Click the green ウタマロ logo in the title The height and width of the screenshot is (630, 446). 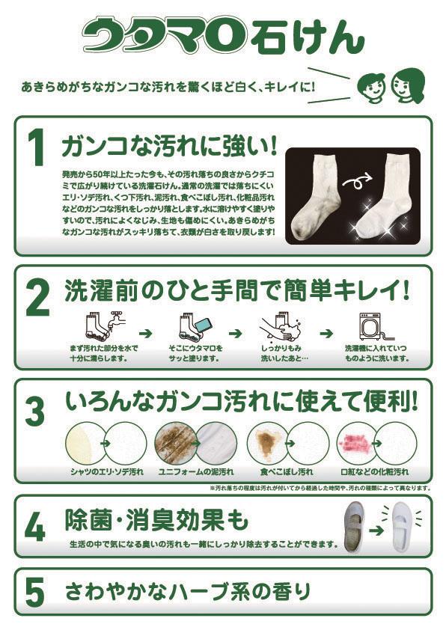click(164, 34)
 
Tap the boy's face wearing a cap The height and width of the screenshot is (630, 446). click(371, 86)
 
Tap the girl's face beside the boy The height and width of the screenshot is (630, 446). click(406, 85)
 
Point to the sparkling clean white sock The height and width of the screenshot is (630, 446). click(384, 193)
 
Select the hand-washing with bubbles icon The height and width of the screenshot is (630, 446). click(281, 325)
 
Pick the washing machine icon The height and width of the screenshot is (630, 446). click(372, 326)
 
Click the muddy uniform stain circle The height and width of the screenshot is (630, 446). click(175, 443)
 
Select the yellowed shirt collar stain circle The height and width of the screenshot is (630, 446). click(85, 443)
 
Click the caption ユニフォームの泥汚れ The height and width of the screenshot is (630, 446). click(195, 472)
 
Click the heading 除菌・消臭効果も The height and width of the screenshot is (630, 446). click(156, 519)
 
